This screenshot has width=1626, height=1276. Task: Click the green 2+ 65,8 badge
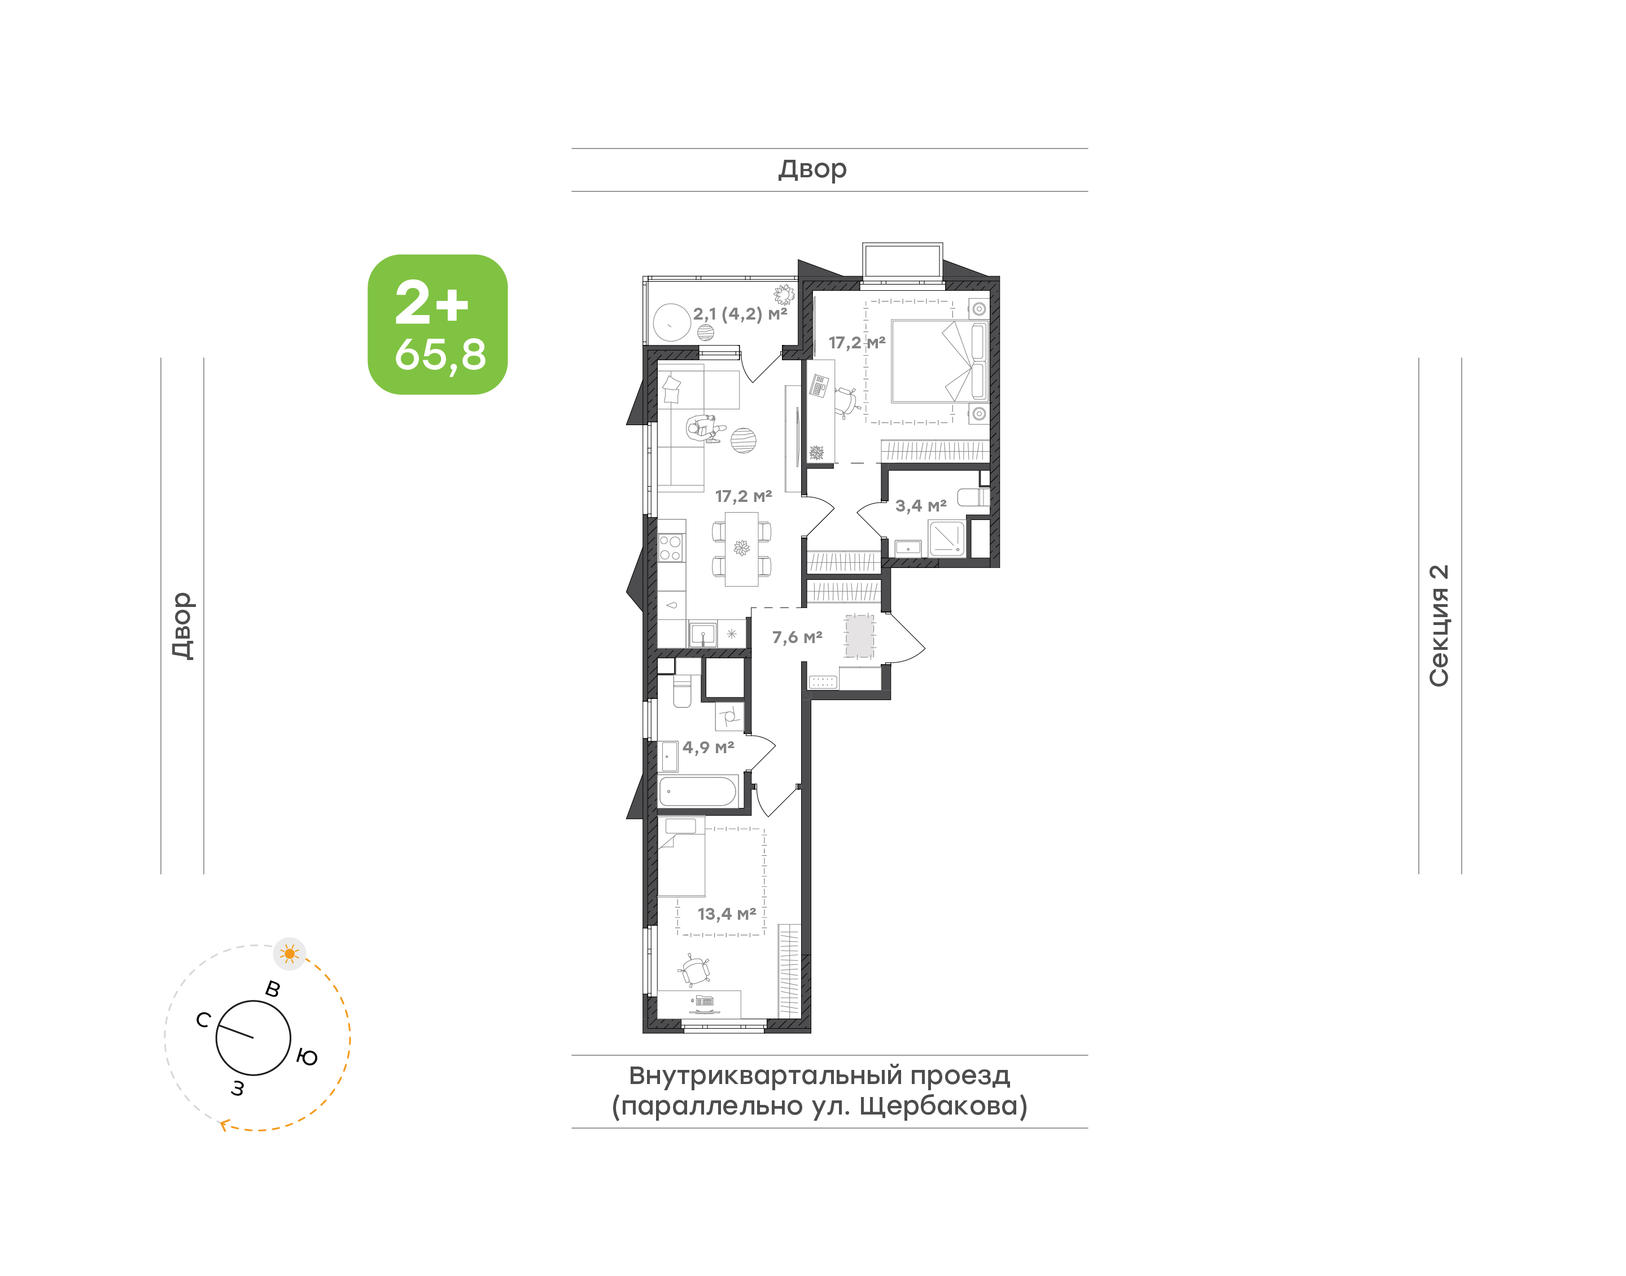[x=437, y=324]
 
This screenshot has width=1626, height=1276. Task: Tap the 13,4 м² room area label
[x=726, y=914]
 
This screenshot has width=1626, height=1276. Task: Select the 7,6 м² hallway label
[x=797, y=637]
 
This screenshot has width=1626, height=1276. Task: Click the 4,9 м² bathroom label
[x=708, y=747]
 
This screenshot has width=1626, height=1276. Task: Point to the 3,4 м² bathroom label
[x=921, y=506]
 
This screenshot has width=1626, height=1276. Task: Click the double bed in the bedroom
[x=939, y=361]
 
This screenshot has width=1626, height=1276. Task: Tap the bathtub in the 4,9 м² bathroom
[x=698, y=791]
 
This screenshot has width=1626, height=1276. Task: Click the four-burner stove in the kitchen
[x=670, y=548]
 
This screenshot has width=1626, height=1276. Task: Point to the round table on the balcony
[x=671, y=323]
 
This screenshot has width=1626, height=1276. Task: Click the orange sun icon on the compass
[x=290, y=954]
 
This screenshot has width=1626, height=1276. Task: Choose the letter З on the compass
[x=238, y=1089]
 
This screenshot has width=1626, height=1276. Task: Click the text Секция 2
[x=1439, y=626]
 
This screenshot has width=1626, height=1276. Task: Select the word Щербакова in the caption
[x=943, y=1105]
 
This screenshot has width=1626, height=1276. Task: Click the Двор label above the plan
[x=812, y=169]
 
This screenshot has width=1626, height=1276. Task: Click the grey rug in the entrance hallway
[x=860, y=636]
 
